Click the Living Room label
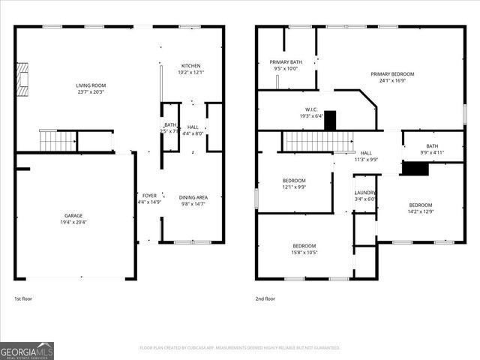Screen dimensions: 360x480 tap(91, 85)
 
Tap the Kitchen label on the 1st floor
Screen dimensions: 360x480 tap(191, 65)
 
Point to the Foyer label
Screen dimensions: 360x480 tap(149, 196)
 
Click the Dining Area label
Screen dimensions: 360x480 tap(193, 197)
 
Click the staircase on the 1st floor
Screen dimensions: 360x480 tap(58, 140)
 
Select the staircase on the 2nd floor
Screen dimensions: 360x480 tap(316, 140)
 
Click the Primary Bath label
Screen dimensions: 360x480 tap(285, 62)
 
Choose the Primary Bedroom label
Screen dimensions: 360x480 tap(392, 74)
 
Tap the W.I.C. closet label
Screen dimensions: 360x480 tap(313, 109)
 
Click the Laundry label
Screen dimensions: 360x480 tap(365, 193)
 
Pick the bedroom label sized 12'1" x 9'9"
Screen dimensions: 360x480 tap(294, 181)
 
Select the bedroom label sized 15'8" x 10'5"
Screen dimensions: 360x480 tap(304, 246)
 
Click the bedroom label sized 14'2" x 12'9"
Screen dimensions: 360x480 tap(421, 205)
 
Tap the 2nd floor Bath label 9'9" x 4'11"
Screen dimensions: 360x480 tap(432, 146)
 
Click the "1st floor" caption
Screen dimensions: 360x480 tap(24, 298)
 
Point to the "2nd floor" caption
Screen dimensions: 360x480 tap(265, 298)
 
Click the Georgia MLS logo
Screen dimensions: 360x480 tap(27, 350)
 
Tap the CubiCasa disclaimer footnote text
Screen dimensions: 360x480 tap(240, 348)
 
